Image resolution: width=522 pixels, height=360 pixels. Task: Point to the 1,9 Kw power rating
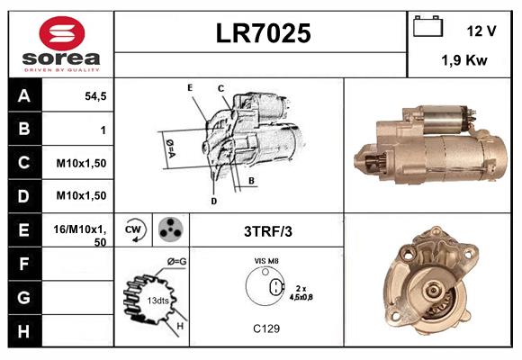pyautogui.click(x=464, y=61)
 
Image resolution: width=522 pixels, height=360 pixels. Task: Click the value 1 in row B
pyautogui.click(x=103, y=130)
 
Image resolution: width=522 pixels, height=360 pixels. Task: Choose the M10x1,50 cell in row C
pyautogui.click(x=82, y=163)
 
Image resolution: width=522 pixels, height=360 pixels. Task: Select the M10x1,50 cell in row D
pyautogui.click(x=82, y=195)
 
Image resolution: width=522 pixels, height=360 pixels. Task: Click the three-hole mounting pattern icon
pyautogui.click(x=168, y=230)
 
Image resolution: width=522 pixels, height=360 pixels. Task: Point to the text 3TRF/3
pyautogui.click(x=268, y=231)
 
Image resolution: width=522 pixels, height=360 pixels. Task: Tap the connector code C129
pyautogui.click(x=266, y=328)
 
